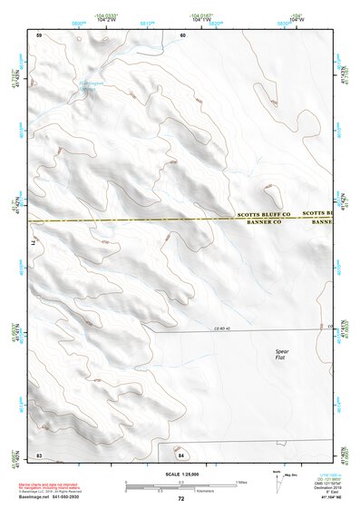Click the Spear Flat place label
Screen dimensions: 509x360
click(285, 353)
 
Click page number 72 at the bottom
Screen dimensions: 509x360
click(181, 499)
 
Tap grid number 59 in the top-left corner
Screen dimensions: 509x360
click(39, 34)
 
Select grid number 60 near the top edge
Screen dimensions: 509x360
click(182, 34)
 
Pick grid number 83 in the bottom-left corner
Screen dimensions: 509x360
click(39, 454)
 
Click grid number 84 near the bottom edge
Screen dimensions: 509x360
click(181, 454)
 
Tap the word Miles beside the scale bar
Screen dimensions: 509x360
click(240, 481)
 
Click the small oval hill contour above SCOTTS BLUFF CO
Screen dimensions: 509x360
click(270, 193)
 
